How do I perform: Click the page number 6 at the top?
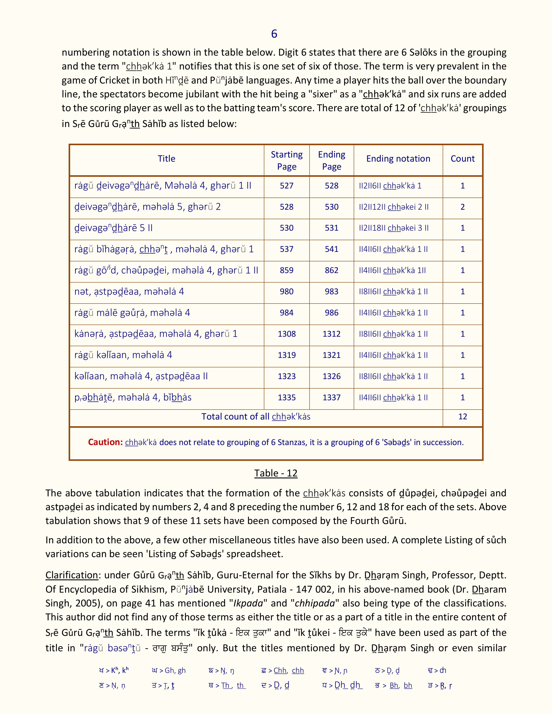(274, 34)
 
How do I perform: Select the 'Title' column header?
(166, 159)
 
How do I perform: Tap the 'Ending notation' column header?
(398, 159)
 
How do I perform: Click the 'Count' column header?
(462, 159)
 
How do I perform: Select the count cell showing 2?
(462, 207)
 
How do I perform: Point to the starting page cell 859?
(286, 271)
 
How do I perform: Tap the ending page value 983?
(331, 292)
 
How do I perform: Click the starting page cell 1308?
(286, 334)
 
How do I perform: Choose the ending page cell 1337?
(331, 397)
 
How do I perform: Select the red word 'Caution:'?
(105, 442)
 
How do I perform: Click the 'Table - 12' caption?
(276, 473)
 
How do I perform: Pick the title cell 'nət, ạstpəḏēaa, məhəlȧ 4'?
(129, 292)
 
